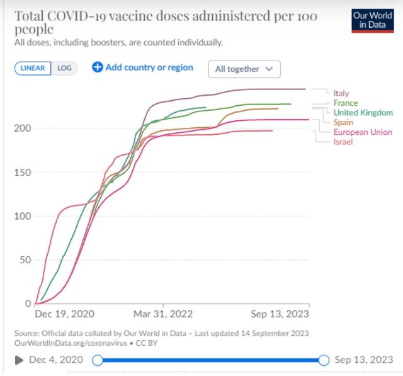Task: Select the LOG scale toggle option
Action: [65, 69]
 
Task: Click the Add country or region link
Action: [143, 67]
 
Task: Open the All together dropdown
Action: [244, 69]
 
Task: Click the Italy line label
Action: [341, 94]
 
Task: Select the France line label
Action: [346, 103]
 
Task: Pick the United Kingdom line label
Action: [363, 113]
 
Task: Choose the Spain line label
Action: [343, 122]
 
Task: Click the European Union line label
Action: [363, 132]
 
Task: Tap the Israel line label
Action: [343, 142]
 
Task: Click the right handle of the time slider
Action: [324, 360]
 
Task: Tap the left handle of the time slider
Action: [98, 360]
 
